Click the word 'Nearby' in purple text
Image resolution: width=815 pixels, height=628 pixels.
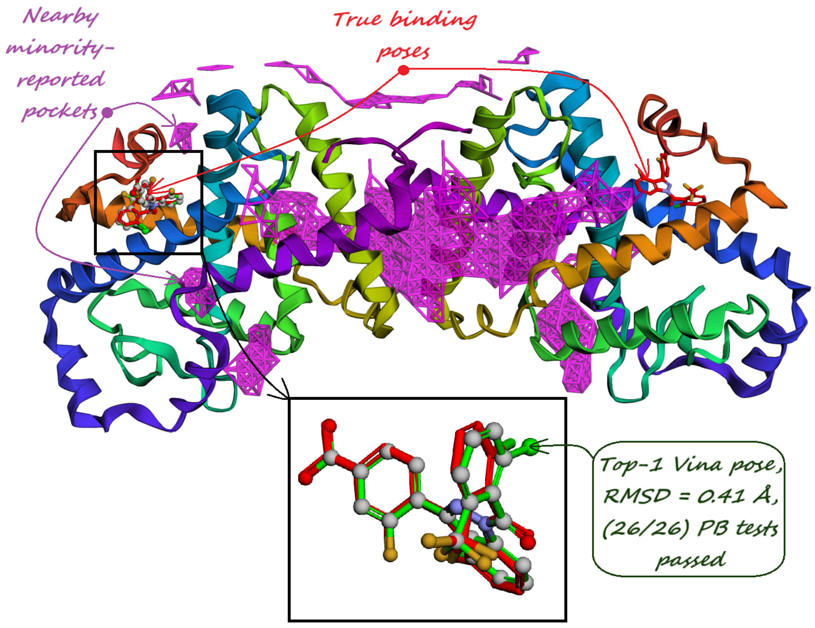(x=61, y=17)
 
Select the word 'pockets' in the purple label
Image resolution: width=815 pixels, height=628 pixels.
(x=60, y=111)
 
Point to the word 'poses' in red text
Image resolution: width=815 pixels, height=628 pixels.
(x=403, y=52)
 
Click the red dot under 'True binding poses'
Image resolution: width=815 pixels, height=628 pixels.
(x=403, y=70)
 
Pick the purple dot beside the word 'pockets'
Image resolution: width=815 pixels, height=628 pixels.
(x=107, y=112)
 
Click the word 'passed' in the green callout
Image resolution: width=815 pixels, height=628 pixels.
(x=690, y=560)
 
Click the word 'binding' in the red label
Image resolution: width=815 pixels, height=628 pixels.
(x=433, y=19)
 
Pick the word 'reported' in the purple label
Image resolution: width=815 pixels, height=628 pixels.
(x=61, y=80)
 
